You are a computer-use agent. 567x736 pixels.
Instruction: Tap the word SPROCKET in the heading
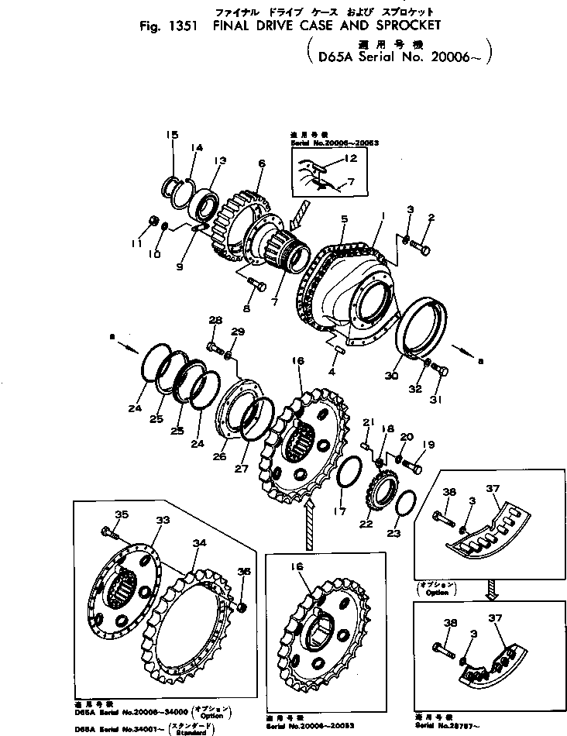[399, 25]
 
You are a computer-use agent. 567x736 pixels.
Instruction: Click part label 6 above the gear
[261, 163]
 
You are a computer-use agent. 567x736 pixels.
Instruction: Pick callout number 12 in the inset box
[350, 158]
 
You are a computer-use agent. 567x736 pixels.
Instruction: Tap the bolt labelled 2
[421, 249]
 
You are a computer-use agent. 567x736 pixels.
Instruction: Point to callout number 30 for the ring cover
[392, 376]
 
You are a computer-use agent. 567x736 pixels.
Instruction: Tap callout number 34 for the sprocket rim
[199, 543]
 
